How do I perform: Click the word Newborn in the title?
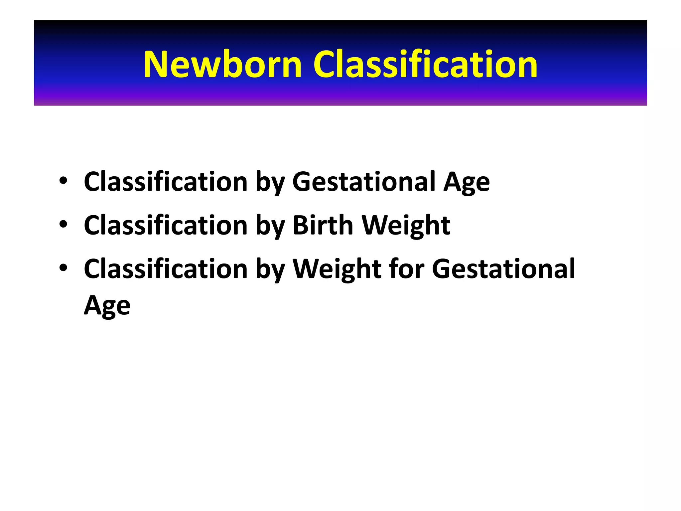pyautogui.click(x=222, y=65)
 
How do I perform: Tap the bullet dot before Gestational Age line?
pyautogui.click(x=63, y=181)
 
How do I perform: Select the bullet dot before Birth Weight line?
pyautogui.click(x=63, y=225)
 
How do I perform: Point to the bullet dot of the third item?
pyautogui.click(x=63, y=268)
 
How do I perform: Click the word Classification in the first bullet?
pyautogui.click(x=166, y=182)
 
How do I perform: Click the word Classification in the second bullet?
pyautogui.click(x=166, y=225)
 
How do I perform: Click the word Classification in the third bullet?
pyautogui.click(x=166, y=268)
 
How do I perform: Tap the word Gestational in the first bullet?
pyautogui.click(x=364, y=182)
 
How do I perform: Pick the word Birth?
pyautogui.click(x=323, y=225)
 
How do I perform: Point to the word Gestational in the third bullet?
pyautogui.click(x=503, y=268)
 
